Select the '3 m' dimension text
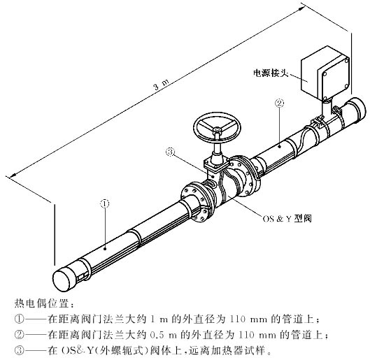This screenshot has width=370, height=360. [x=159, y=87]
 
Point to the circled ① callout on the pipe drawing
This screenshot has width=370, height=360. [x=106, y=204]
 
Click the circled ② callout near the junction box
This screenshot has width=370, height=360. [x=279, y=103]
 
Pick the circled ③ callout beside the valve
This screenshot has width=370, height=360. [x=170, y=151]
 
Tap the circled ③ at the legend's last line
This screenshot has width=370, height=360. [x=20, y=351]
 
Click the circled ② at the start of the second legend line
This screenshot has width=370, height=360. [x=20, y=335]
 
